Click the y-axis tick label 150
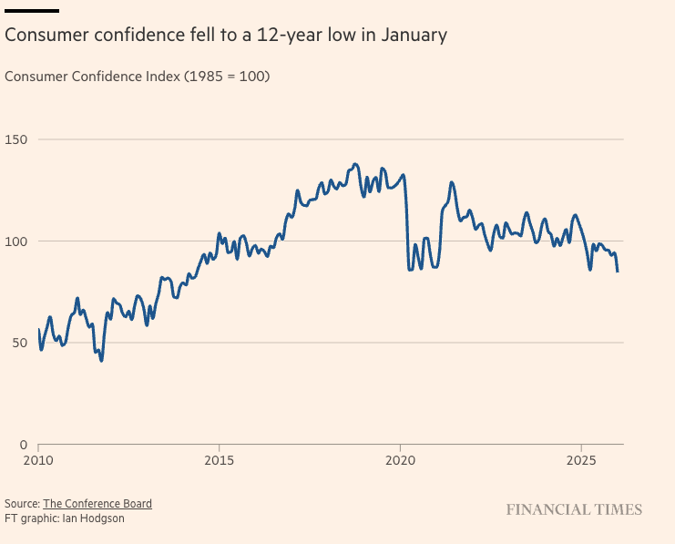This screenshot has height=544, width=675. click(16, 139)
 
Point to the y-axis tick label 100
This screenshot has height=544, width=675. click(16, 241)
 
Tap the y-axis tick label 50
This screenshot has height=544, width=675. click(13, 343)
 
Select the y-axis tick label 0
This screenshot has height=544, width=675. click(9, 444)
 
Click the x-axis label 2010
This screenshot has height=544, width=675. click(38, 462)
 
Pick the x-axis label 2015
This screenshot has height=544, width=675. click(220, 462)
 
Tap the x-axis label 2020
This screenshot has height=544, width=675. click(401, 462)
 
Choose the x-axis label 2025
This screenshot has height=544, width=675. click(581, 462)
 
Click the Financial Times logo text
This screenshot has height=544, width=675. click(574, 509)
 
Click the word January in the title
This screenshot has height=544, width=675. click(415, 36)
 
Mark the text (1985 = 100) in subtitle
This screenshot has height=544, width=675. click(228, 77)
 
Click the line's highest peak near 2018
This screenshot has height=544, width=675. click(355, 164)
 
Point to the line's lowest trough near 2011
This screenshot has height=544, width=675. click(101, 360)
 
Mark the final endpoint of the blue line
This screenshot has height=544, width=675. click(618, 272)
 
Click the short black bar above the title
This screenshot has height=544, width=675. click(32, 11)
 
